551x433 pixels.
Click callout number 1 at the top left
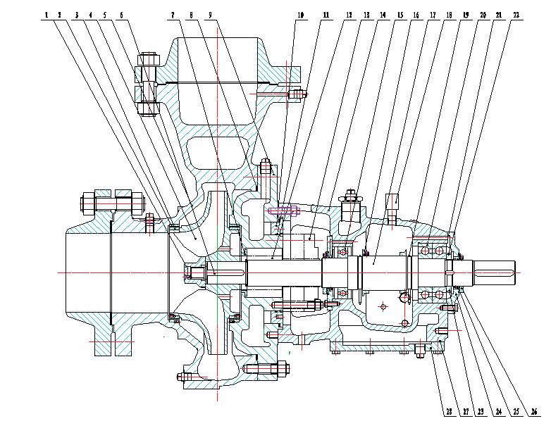46,14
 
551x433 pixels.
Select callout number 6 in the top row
121,14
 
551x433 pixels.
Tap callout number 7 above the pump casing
173,14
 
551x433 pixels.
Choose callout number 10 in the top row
300,14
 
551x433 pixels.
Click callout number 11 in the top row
326,14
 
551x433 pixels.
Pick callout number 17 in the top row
431,14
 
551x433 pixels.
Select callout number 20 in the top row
483,14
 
